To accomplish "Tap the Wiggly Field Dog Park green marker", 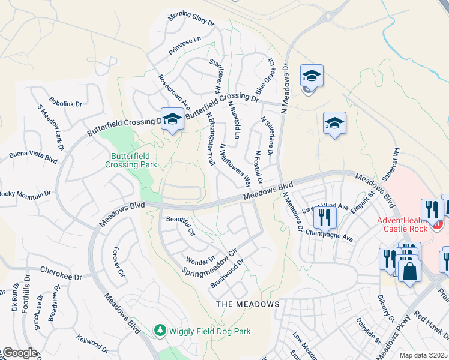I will (x=160, y=330).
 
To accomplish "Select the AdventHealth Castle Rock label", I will (x=403, y=224).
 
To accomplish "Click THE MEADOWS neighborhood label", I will (x=248, y=304).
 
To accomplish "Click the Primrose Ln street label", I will (x=184, y=46).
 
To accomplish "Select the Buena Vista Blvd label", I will (x=32, y=158).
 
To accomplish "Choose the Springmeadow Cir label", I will (x=210, y=262).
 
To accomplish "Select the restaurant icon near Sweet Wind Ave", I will (x=324, y=217).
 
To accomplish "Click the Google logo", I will (x=19, y=353).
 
